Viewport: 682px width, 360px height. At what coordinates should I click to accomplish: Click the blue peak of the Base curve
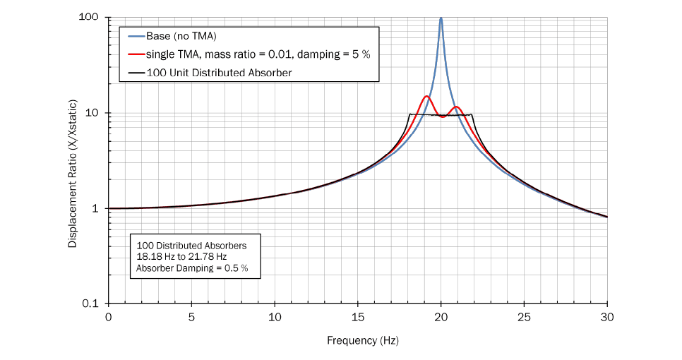tap(441, 19)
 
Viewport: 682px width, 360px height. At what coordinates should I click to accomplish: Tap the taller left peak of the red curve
tap(426, 97)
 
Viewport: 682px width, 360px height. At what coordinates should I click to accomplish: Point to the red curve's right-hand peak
tap(457, 107)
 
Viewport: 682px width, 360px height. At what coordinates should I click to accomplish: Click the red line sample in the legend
tap(136, 54)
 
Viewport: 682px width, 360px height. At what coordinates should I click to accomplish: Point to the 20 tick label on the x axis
tap(441, 317)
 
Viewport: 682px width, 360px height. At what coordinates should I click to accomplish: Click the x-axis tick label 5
tap(191, 317)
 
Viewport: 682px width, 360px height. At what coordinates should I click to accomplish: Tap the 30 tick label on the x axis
tap(607, 317)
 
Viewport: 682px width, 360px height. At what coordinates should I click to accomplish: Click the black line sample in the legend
tap(136, 72)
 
